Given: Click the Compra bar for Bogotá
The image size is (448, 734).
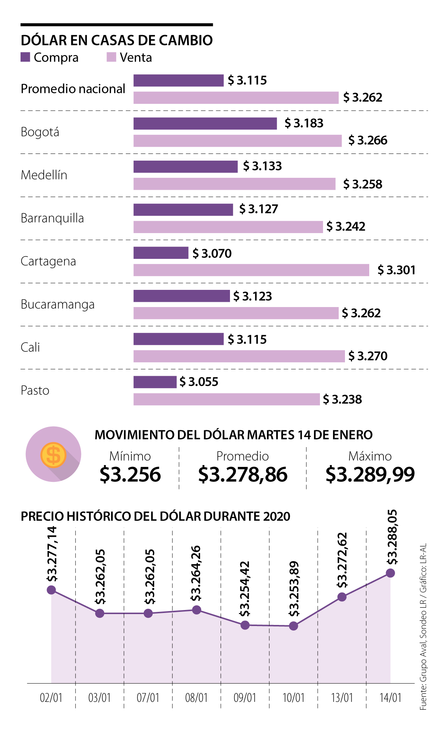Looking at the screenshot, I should (x=205, y=124).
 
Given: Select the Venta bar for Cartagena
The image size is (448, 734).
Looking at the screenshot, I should (x=251, y=270).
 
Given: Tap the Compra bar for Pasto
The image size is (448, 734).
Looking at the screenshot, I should (x=155, y=382).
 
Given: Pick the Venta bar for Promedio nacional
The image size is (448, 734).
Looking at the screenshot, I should (x=236, y=98).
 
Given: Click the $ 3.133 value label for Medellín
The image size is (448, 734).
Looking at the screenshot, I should (x=262, y=166).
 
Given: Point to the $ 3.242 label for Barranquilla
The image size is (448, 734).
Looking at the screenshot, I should (x=346, y=226).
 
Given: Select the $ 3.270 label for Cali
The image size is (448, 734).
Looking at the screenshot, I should (x=368, y=356).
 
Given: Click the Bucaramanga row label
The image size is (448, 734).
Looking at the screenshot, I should (x=57, y=304).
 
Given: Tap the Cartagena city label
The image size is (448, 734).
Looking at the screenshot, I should (x=48, y=261).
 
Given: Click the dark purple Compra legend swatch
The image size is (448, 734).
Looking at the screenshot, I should (x=25, y=57).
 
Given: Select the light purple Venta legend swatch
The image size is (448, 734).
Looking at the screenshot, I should (x=111, y=57).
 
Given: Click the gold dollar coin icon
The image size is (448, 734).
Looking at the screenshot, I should (x=53, y=455).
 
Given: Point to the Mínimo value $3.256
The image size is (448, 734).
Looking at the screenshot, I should (x=130, y=474).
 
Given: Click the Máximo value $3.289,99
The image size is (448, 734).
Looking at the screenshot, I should (x=370, y=474).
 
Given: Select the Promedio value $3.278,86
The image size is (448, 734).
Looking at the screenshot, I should (x=243, y=474).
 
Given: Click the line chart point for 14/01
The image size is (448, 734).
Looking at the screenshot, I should (x=390, y=573).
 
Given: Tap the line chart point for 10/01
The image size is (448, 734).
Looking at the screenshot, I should (x=293, y=626).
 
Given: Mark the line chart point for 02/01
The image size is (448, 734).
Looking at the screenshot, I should (x=52, y=590).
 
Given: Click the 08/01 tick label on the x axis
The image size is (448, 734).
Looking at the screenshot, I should (x=196, y=697).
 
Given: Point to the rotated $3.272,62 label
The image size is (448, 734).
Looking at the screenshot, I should (x=342, y=560).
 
